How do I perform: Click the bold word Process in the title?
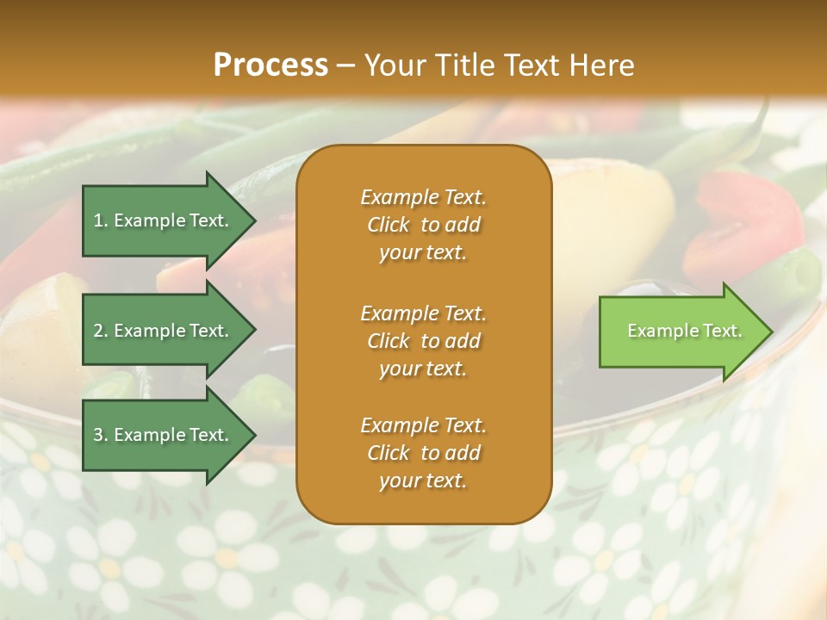pyautogui.click(x=270, y=65)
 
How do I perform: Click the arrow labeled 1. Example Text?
pyautogui.click(x=164, y=220)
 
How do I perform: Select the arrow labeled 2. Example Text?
pyautogui.click(x=164, y=331)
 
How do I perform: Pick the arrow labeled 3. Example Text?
pyautogui.click(x=164, y=435)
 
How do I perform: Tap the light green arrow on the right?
pyautogui.click(x=681, y=331)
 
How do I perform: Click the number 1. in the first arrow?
pyautogui.click(x=101, y=220)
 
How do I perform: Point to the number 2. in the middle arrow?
pyautogui.click(x=101, y=331)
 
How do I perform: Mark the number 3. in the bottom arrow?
pyautogui.click(x=101, y=435)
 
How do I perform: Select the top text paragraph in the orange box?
pyautogui.click(x=423, y=225)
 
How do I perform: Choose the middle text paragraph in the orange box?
pyautogui.click(x=423, y=341)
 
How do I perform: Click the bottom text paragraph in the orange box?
pyautogui.click(x=423, y=453)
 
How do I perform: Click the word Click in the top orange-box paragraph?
pyautogui.click(x=389, y=226)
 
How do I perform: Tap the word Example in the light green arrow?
pyautogui.click(x=658, y=331)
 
